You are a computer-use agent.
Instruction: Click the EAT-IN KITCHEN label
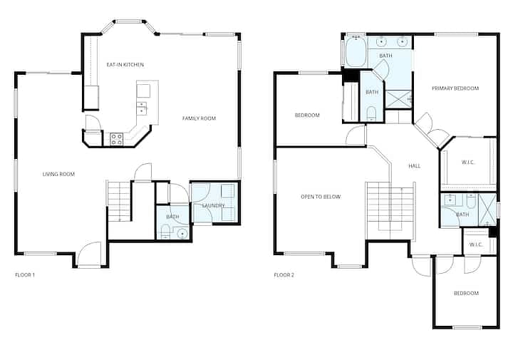click(x=125, y=65)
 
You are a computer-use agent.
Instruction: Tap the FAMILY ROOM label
click(x=199, y=118)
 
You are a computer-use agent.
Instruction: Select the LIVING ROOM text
click(x=58, y=174)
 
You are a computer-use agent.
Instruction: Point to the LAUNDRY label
click(x=213, y=205)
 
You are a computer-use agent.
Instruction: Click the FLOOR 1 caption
click(x=25, y=275)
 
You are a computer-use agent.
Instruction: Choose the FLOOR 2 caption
click(x=284, y=275)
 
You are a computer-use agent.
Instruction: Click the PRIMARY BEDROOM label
click(x=455, y=88)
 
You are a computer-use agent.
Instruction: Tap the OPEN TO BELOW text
click(x=321, y=197)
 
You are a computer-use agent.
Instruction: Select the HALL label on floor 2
click(x=415, y=166)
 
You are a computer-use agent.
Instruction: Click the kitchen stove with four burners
click(x=116, y=139)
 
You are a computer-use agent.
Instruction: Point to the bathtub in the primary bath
click(x=356, y=52)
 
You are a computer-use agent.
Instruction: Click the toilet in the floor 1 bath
click(x=165, y=232)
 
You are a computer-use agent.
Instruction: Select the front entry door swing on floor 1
click(x=89, y=254)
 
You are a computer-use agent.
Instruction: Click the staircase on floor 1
click(x=119, y=201)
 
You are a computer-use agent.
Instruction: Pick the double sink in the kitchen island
click(x=141, y=108)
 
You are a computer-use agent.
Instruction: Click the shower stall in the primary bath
click(x=398, y=99)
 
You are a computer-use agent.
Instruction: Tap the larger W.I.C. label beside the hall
click(x=468, y=163)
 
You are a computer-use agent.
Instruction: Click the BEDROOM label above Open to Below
click(x=307, y=115)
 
